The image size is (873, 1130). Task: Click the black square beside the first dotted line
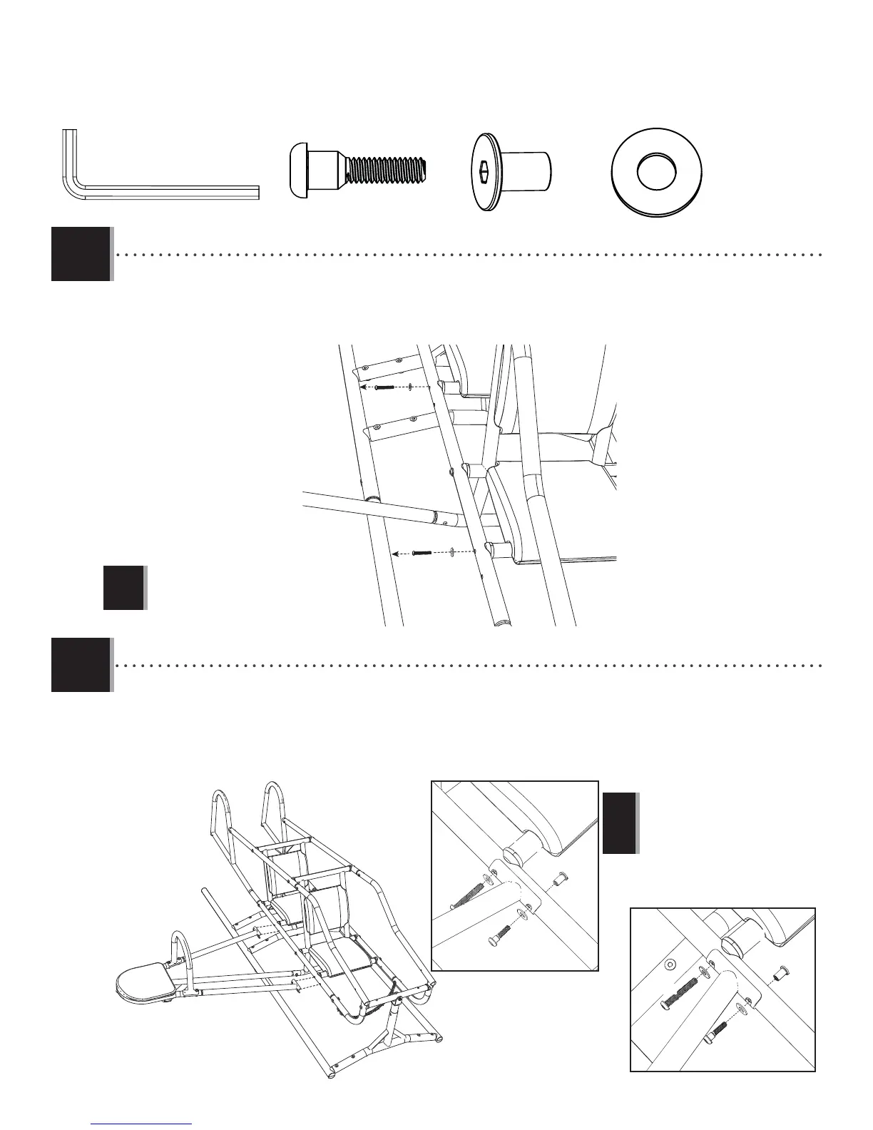(x=81, y=253)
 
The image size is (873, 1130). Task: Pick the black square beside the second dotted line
(x=81, y=664)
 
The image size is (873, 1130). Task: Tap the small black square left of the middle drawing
(x=123, y=587)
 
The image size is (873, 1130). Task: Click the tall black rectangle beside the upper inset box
(x=619, y=823)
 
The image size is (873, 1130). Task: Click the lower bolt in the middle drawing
(x=424, y=552)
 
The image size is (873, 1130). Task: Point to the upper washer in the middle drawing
(x=412, y=387)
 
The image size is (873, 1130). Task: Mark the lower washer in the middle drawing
(x=452, y=551)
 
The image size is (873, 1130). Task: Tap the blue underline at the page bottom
(x=142, y=1123)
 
